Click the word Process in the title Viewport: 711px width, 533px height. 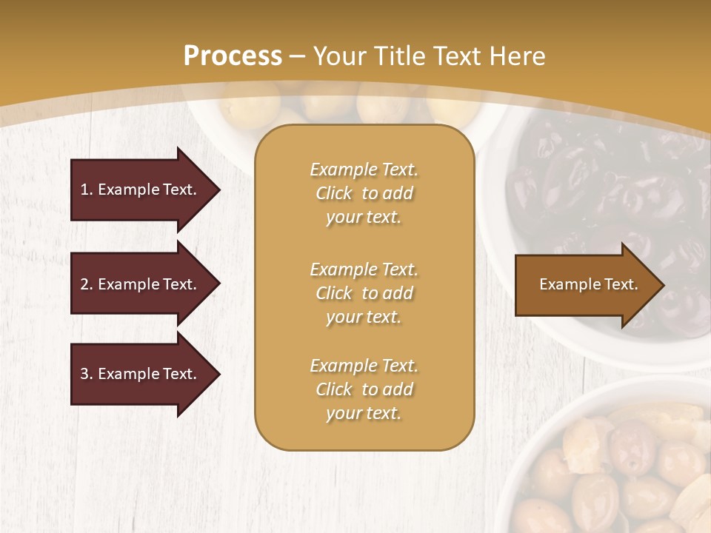[233, 56]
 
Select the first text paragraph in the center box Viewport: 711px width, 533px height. [364, 193]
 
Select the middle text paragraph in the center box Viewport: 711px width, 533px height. [364, 293]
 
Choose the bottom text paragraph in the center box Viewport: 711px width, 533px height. [364, 389]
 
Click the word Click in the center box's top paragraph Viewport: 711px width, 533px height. [334, 193]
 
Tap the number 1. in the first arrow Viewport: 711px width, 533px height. [87, 190]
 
